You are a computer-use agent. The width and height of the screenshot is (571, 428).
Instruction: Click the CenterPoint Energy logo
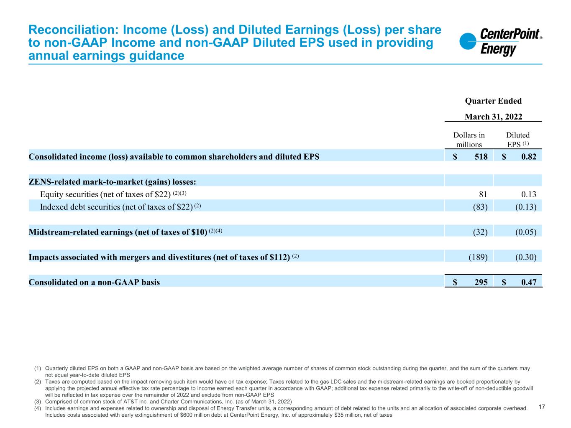coord(500,42)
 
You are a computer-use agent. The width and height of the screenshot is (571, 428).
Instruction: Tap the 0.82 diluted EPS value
coord(529,157)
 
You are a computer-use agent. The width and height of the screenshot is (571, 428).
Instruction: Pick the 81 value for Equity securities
coord(483,194)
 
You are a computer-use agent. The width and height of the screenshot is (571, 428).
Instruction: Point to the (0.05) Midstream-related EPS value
coord(526,232)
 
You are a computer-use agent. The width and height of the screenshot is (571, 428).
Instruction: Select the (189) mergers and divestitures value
coord(478,257)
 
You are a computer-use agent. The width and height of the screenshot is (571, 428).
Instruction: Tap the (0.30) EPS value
coord(526,257)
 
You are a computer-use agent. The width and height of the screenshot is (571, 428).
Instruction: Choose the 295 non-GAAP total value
coord(481,282)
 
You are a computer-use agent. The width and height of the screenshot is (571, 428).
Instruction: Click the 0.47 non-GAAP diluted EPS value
coord(529,282)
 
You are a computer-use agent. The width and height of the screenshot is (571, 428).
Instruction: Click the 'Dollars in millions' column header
coord(469,140)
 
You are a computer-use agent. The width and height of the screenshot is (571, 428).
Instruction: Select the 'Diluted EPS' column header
coord(518,140)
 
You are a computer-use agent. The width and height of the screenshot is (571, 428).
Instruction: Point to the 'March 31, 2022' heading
coord(493,117)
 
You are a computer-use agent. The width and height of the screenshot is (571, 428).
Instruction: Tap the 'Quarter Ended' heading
coord(493,101)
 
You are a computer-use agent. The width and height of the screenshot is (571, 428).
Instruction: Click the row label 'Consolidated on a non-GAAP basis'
coord(94,282)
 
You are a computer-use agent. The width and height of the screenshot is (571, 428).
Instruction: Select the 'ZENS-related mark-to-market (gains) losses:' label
coord(113,182)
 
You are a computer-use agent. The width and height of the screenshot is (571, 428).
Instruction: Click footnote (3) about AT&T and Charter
coord(169,401)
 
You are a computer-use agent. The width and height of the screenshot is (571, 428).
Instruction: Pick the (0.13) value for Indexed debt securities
coord(526,206)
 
